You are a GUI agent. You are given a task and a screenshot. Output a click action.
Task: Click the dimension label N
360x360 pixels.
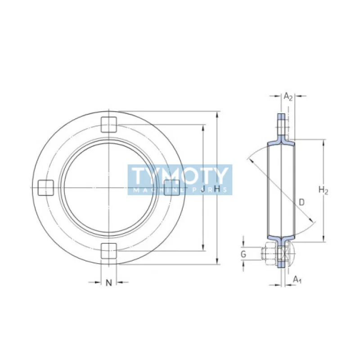click(x=108, y=283)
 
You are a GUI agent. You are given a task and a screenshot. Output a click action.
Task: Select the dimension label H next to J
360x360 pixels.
click(x=217, y=190)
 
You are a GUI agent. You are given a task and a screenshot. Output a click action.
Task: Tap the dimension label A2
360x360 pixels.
click(x=288, y=96)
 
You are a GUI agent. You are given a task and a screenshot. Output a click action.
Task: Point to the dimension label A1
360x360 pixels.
click(x=297, y=280)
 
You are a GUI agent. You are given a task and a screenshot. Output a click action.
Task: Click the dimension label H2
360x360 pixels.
click(x=323, y=191)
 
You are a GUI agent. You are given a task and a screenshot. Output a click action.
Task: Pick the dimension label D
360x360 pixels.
click(x=301, y=202)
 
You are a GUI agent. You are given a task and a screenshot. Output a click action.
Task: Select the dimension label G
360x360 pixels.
click(x=243, y=255)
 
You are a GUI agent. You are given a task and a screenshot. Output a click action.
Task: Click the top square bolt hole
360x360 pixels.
click(x=108, y=125)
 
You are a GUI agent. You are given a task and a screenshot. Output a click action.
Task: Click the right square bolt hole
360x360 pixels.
click(x=171, y=188)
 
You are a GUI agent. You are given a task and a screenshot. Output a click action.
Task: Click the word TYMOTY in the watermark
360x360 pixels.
click(x=180, y=176)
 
